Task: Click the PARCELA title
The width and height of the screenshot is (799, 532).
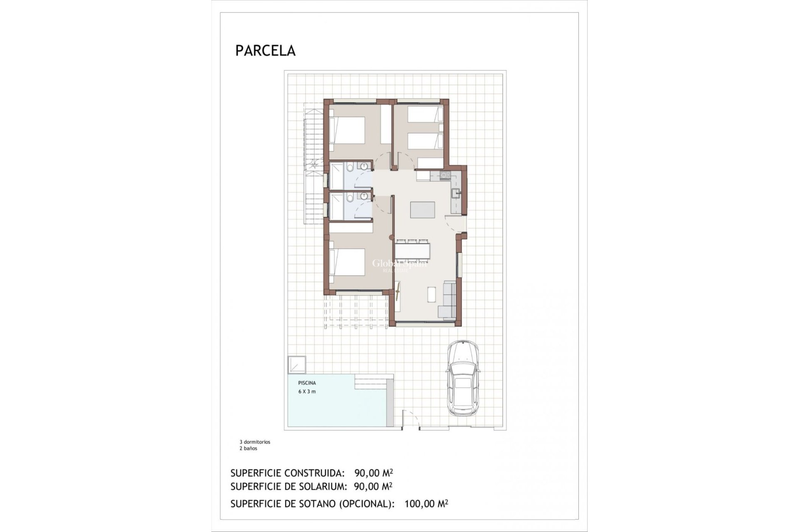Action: pos(265,50)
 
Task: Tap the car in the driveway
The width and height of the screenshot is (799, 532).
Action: pos(463,378)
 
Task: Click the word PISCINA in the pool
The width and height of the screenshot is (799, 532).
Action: pos(307,383)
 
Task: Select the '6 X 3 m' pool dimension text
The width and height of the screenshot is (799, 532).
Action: pos(307,392)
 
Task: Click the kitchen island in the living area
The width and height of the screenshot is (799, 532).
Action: pos(422,210)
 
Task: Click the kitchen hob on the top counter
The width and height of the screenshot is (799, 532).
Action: pos(444,175)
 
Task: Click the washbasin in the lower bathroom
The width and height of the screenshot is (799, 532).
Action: pos(365,196)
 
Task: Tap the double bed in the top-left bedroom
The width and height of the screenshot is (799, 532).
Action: pos(347,131)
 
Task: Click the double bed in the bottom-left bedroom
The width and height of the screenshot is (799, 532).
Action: pos(347,262)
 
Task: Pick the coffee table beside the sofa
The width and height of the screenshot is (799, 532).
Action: pos(431,294)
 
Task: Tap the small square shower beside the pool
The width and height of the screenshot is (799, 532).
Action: pos(297,365)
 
